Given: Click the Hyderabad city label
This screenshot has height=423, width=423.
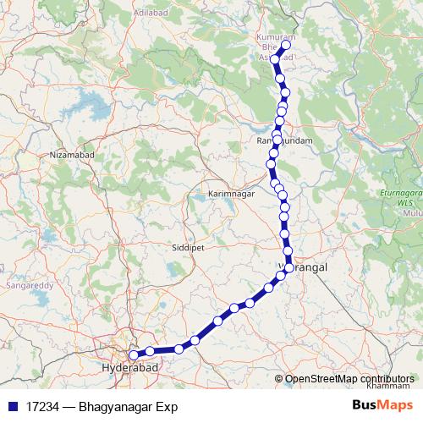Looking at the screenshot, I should (x=128, y=369).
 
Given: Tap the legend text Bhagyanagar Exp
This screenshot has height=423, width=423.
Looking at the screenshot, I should (x=127, y=407).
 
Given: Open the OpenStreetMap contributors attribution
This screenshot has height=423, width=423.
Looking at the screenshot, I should (x=350, y=379).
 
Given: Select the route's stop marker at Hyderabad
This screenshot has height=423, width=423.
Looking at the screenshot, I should (x=134, y=356).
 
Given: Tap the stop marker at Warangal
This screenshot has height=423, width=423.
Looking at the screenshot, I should (x=289, y=267).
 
